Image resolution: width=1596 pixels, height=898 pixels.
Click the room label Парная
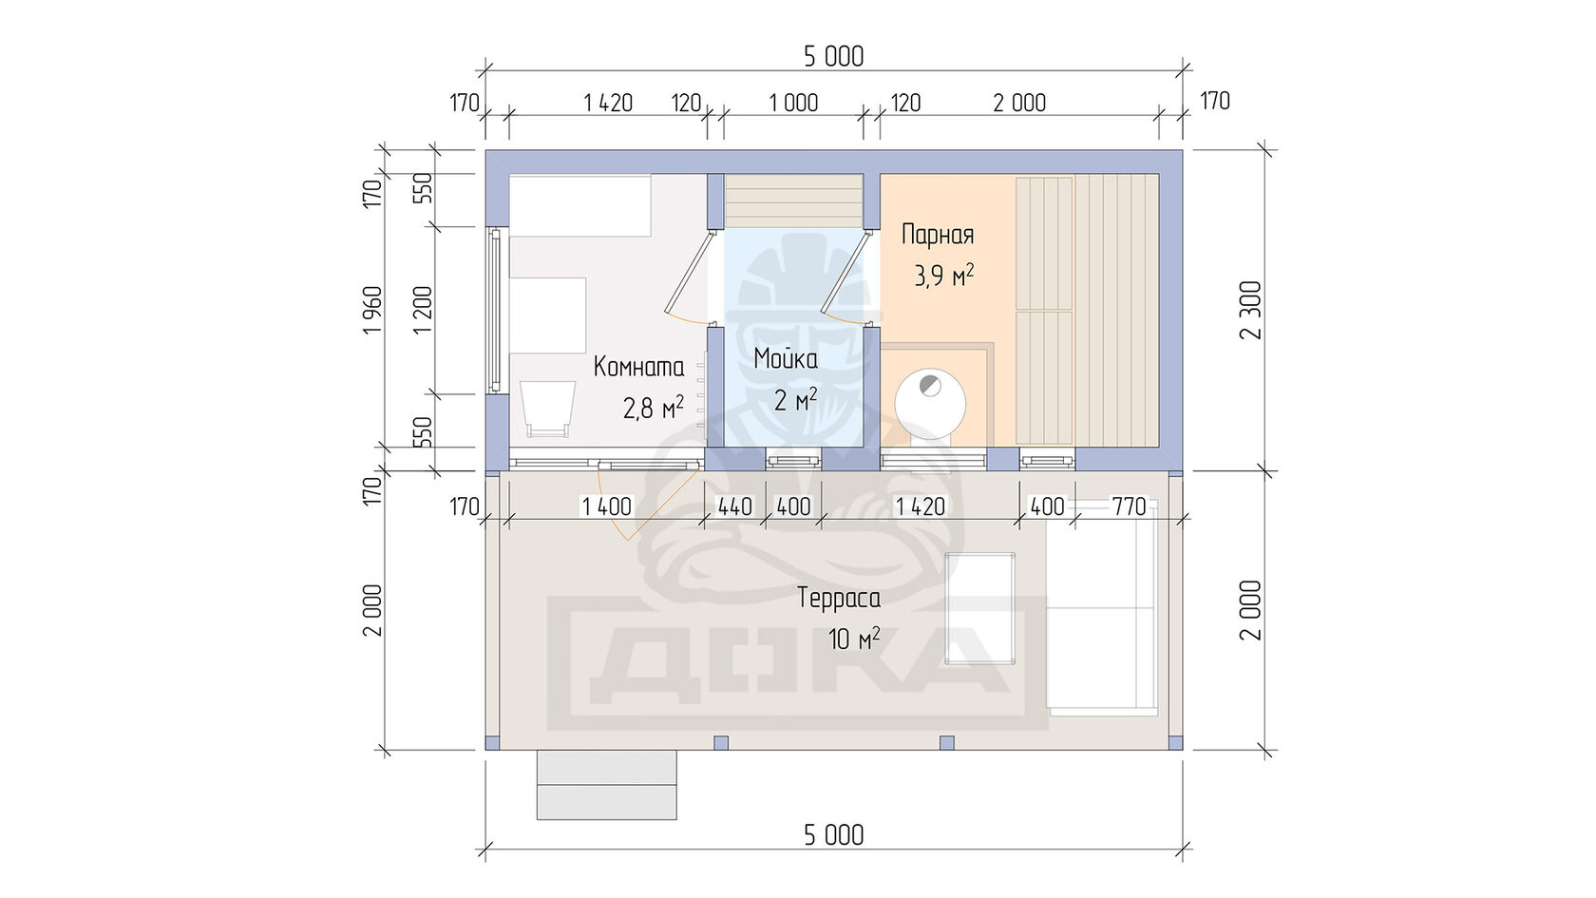[938, 235]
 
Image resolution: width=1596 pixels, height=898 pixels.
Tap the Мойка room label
[786, 358]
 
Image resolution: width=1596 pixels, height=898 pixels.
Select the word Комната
[638, 367]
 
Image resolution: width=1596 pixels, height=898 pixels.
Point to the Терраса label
[839, 597]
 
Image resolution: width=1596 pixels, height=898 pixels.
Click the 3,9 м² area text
[944, 276]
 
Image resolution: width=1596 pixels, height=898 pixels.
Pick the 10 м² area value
[853, 639]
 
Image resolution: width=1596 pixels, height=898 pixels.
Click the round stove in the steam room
[930, 404]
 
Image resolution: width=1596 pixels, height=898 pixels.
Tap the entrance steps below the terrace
[606, 785]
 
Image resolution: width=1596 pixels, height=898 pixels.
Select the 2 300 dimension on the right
[1250, 310]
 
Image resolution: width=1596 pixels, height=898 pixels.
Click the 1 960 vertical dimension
[372, 311]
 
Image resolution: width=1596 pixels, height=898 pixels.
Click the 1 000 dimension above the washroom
[793, 104]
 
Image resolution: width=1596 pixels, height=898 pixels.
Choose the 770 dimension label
[1129, 506]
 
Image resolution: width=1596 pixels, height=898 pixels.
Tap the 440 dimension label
[734, 506]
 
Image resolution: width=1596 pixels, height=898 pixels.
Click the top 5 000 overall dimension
[834, 56]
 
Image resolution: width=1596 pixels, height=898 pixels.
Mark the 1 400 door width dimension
[606, 506]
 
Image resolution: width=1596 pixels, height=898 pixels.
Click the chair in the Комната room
[547, 409]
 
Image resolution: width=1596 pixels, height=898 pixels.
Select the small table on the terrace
[979, 608]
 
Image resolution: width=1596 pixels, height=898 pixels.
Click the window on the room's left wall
[495, 310]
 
